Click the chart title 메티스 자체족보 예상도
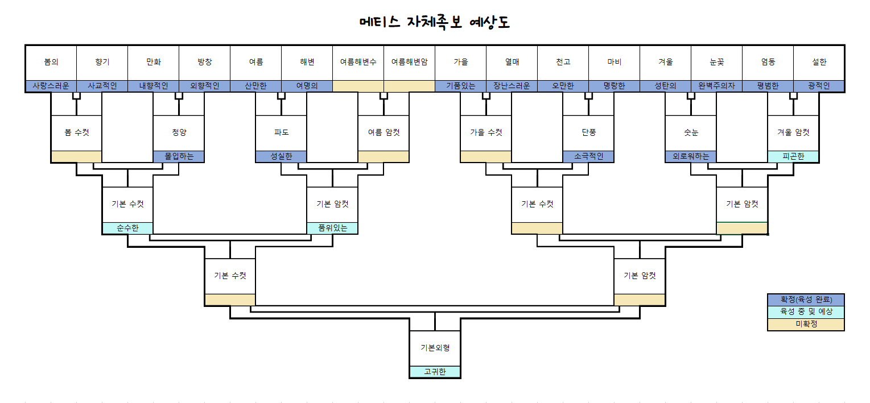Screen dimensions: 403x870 coord(435,22)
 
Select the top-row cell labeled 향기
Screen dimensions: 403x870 coord(102,62)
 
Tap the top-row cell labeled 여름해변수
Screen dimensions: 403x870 coord(358,62)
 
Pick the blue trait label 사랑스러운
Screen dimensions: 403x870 coord(51,86)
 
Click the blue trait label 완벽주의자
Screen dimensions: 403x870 coord(716,86)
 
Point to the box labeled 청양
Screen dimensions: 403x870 coord(179,132)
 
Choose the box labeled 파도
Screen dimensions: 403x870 coord(281,132)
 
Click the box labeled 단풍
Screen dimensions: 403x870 coord(588,132)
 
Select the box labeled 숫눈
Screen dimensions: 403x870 coord(691,132)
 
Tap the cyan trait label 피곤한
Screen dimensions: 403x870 coord(793,157)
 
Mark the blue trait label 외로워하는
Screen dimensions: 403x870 coord(691,157)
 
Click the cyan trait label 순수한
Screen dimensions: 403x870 coord(127,228)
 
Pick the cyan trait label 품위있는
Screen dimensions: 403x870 coord(332,228)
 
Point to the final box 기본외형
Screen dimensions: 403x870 coord(435,347)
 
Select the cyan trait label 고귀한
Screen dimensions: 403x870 coord(435,372)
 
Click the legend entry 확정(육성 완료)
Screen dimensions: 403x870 coord(806,300)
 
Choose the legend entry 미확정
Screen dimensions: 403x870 coord(806,324)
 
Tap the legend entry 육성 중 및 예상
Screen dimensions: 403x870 coord(806,311)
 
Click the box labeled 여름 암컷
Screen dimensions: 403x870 coord(384,132)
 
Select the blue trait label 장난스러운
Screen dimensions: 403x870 coord(512,86)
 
